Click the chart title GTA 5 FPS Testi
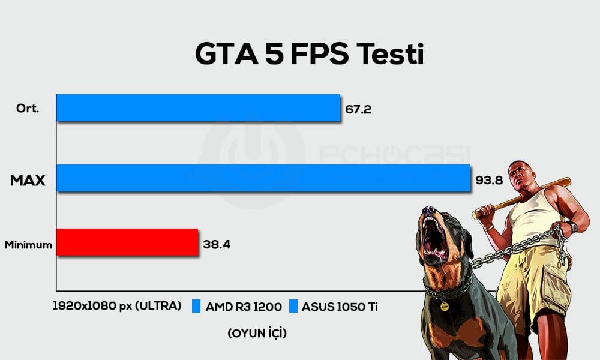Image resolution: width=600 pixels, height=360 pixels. point(309,55)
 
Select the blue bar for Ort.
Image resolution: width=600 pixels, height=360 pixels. point(199,108)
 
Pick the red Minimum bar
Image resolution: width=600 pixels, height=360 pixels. point(127,242)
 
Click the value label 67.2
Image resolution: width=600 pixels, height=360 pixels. point(359,111)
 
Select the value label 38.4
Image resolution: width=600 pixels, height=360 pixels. point(217,245)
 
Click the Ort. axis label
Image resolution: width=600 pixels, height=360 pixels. point(29,109)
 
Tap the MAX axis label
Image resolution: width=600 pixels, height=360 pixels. point(28,179)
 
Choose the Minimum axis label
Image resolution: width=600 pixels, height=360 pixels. point(28,245)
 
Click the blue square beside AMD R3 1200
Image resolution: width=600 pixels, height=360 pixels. point(196,307)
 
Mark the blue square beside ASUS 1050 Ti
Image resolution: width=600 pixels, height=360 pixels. point(293,307)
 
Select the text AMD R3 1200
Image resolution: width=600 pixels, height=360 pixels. point(244,307)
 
